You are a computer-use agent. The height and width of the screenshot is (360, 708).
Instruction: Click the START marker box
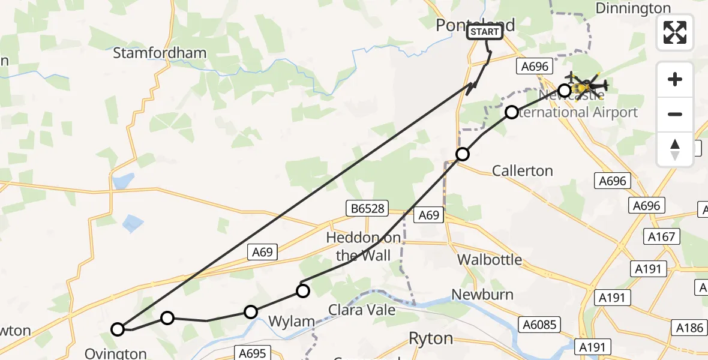point(485,32)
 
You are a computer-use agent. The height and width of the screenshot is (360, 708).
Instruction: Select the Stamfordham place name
point(160,53)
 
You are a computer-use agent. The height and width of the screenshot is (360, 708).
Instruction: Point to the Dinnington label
point(633,8)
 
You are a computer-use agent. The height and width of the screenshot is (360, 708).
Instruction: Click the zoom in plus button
point(675,79)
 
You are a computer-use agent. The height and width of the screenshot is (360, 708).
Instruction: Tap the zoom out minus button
point(675,114)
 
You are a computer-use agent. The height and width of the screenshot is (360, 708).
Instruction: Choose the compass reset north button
point(675,149)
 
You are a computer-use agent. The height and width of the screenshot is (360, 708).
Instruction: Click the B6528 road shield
point(368,209)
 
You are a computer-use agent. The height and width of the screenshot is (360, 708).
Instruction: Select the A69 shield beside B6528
point(430,215)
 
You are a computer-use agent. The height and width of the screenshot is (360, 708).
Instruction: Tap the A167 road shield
point(659,236)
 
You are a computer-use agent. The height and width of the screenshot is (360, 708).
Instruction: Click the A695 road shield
point(251,353)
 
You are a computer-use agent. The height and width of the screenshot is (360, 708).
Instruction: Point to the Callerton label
point(522,171)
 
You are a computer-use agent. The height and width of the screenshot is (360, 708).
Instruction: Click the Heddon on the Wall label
point(364,247)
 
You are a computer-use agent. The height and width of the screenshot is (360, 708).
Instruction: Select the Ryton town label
point(430,338)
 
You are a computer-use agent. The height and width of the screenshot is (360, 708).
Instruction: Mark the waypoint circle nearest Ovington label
point(118,329)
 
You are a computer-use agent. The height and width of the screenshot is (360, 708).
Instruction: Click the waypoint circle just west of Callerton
point(462,154)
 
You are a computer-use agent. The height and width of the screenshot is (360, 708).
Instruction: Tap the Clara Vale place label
point(361,310)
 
